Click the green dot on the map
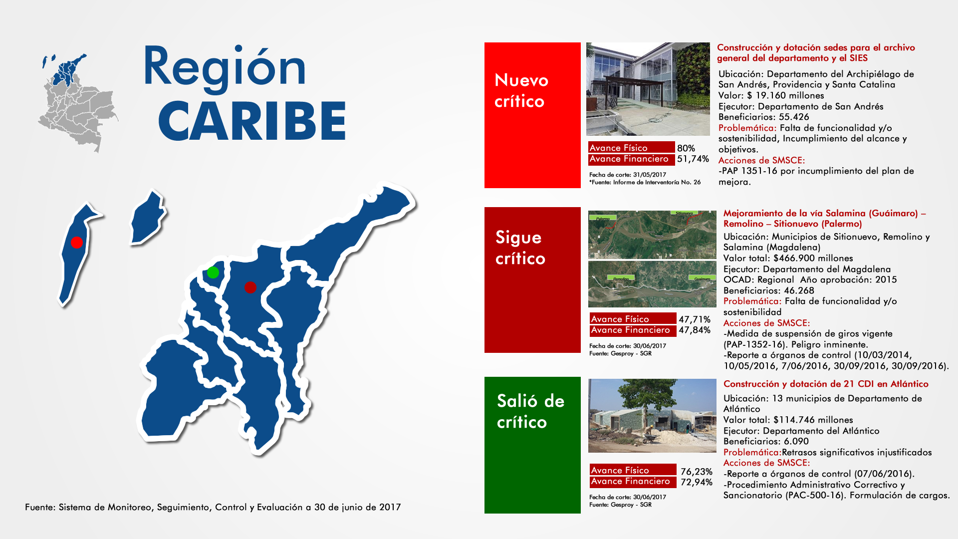[213, 272]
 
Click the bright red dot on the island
[76, 242]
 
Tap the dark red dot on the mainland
[250, 287]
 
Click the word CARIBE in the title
[252, 121]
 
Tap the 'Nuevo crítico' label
[521, 90]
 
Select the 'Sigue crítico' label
[520, 248]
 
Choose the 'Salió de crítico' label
[530, 411]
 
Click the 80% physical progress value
[686, 148]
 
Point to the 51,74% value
[693, 159]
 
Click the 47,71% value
[695, 319]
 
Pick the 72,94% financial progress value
[697, 482]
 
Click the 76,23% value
[697, 472]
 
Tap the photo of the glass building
[648, 89]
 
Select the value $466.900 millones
[813, 258]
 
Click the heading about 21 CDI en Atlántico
[826, 384]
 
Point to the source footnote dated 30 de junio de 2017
[213, 507]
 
